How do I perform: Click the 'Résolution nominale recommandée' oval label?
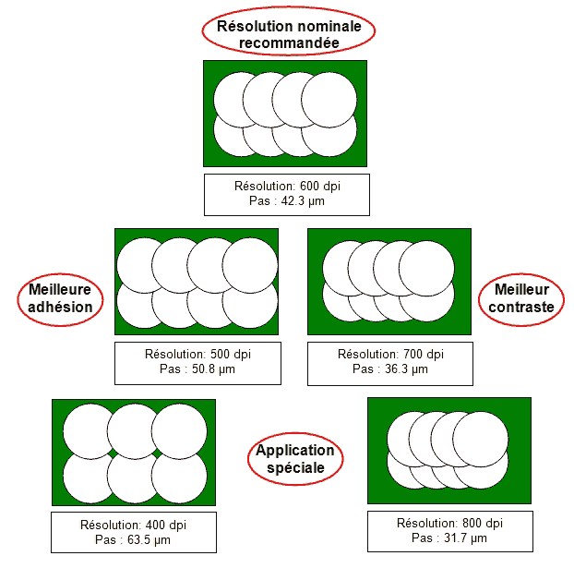tap(288, 32)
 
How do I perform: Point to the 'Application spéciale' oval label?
tap(294, 459)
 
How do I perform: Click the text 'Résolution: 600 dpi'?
tap(287, 186)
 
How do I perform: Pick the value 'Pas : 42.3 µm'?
tap(287, 200)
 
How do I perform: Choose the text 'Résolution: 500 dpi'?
tap(197, 354)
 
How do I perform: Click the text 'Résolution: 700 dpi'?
tap(390, 354)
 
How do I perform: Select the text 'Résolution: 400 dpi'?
tap(134, 525)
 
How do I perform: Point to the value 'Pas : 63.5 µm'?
tap(134, 539)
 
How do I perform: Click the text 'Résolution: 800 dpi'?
tap(449, 523)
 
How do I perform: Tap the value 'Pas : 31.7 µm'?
tap(449, 538)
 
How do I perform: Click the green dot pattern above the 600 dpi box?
tap(285, 114)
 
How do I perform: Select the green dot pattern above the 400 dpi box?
tap(134, 452)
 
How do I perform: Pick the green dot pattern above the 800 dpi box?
tap(448, 450)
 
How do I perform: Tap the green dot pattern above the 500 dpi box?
tap(197, 282)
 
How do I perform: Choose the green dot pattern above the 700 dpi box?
tap(389, 282)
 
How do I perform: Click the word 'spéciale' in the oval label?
tap(294, 468)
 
